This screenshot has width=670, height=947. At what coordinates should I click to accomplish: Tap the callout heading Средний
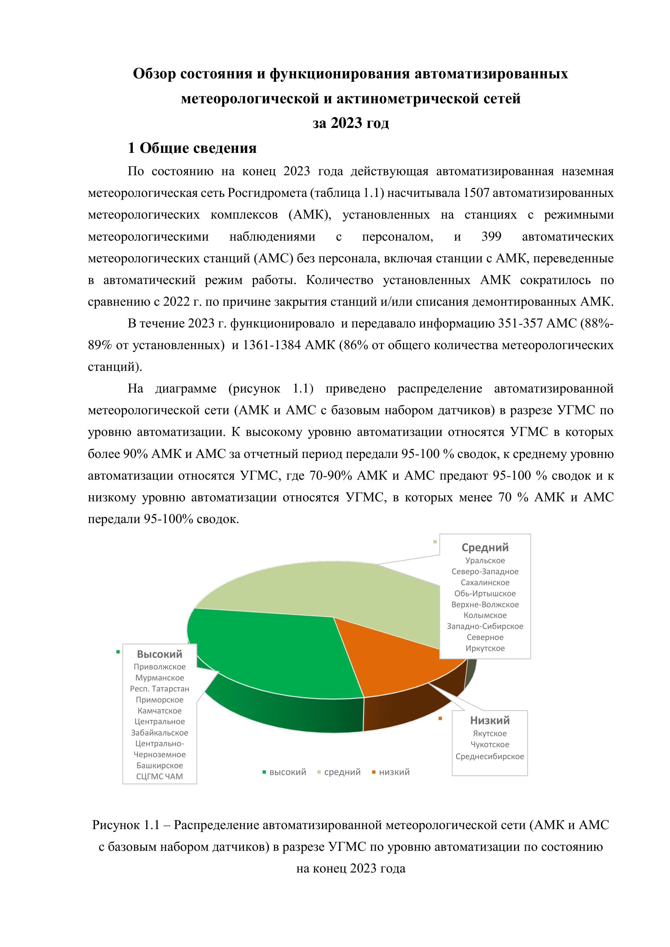pos(485,547)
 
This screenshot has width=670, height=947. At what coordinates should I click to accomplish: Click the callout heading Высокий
pos(160,654)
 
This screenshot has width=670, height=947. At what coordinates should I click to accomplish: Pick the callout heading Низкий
pos(490,721)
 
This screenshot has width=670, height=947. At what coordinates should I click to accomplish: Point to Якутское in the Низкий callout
pos(490,733)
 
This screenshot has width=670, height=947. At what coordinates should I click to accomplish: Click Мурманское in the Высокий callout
pos(160,678)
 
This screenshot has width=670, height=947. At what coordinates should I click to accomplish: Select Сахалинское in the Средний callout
pos(485,582)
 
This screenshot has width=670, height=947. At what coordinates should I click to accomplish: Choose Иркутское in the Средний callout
pos(485,648)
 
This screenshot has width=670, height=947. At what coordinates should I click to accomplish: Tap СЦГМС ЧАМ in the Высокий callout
pos(160,776)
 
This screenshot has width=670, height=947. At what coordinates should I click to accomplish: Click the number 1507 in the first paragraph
pos(476,193)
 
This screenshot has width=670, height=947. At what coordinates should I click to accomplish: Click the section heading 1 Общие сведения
pos(192,148)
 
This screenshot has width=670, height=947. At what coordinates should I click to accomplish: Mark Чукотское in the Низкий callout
pos(490,745)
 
